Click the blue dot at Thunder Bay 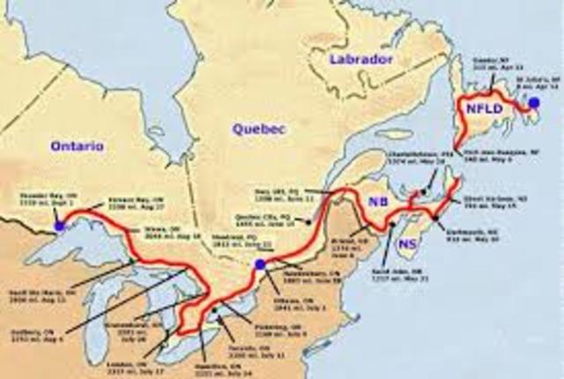59,227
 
